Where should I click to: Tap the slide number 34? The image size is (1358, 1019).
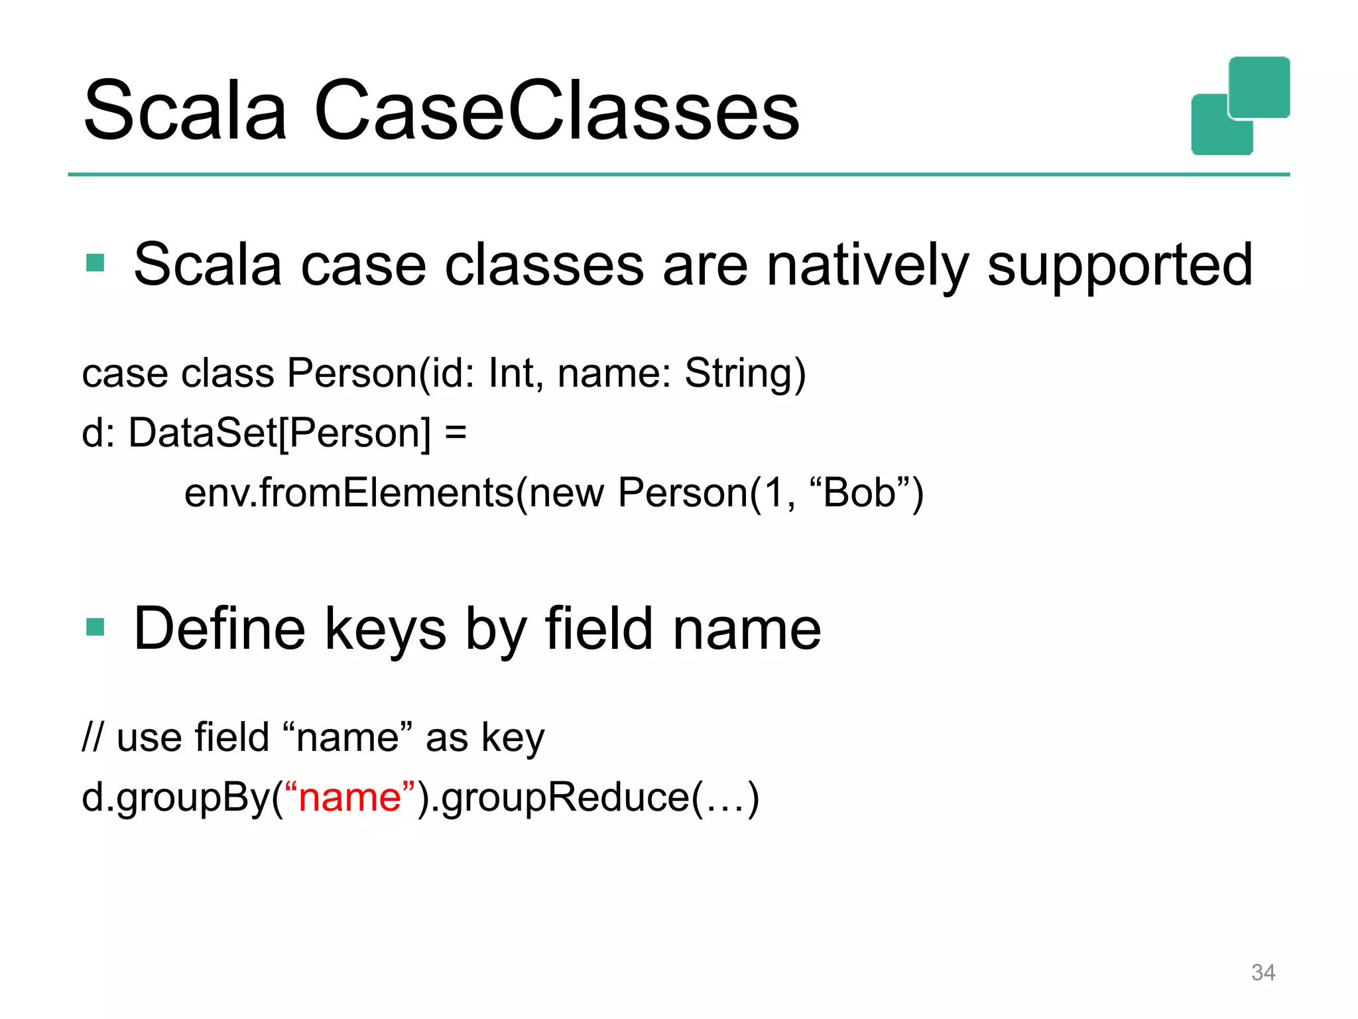coord(1263,973)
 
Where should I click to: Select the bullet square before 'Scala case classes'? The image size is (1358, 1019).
coord(95,263)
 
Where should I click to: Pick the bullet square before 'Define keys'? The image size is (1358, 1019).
coord(95,627)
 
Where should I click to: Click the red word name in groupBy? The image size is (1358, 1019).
coord(349,797)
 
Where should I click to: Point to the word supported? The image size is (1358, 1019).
coord(1120,265)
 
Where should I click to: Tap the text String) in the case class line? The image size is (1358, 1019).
coord(745,373)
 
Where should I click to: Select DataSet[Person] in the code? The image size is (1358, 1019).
coord(278,433)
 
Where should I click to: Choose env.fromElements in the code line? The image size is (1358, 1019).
coord(349,493)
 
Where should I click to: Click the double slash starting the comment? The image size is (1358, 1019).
coord(92,737)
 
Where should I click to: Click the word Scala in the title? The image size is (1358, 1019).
coord(185,111)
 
